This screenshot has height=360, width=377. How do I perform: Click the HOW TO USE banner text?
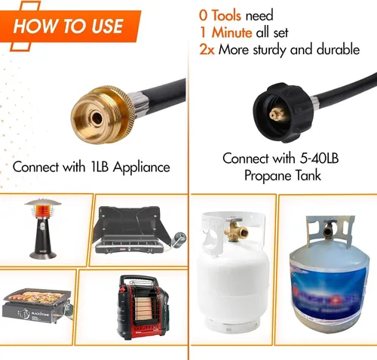click(x=68, y=26)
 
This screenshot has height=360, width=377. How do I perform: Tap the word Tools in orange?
click(x=226, y=16)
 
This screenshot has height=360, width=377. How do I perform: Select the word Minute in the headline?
click(x=231, y=32)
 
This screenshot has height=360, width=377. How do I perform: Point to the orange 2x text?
click(x=207, y=50)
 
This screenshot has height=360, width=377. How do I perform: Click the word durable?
click(x=338, y=49)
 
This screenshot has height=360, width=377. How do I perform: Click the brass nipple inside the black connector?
click(x=277, y=115)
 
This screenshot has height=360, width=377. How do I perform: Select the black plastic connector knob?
click(x=282, y=112)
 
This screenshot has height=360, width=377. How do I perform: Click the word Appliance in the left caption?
click(x=142, y=168)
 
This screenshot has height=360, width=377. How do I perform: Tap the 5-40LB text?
click(x=319, y=158)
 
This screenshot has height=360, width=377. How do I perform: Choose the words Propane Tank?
click(x=283, y=175)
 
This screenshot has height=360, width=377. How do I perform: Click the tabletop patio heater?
click(x=43, y=229)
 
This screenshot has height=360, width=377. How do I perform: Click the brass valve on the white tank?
click(x=235, y=229)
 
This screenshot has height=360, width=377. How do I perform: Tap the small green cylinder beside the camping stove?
click(x=179, y=239)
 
